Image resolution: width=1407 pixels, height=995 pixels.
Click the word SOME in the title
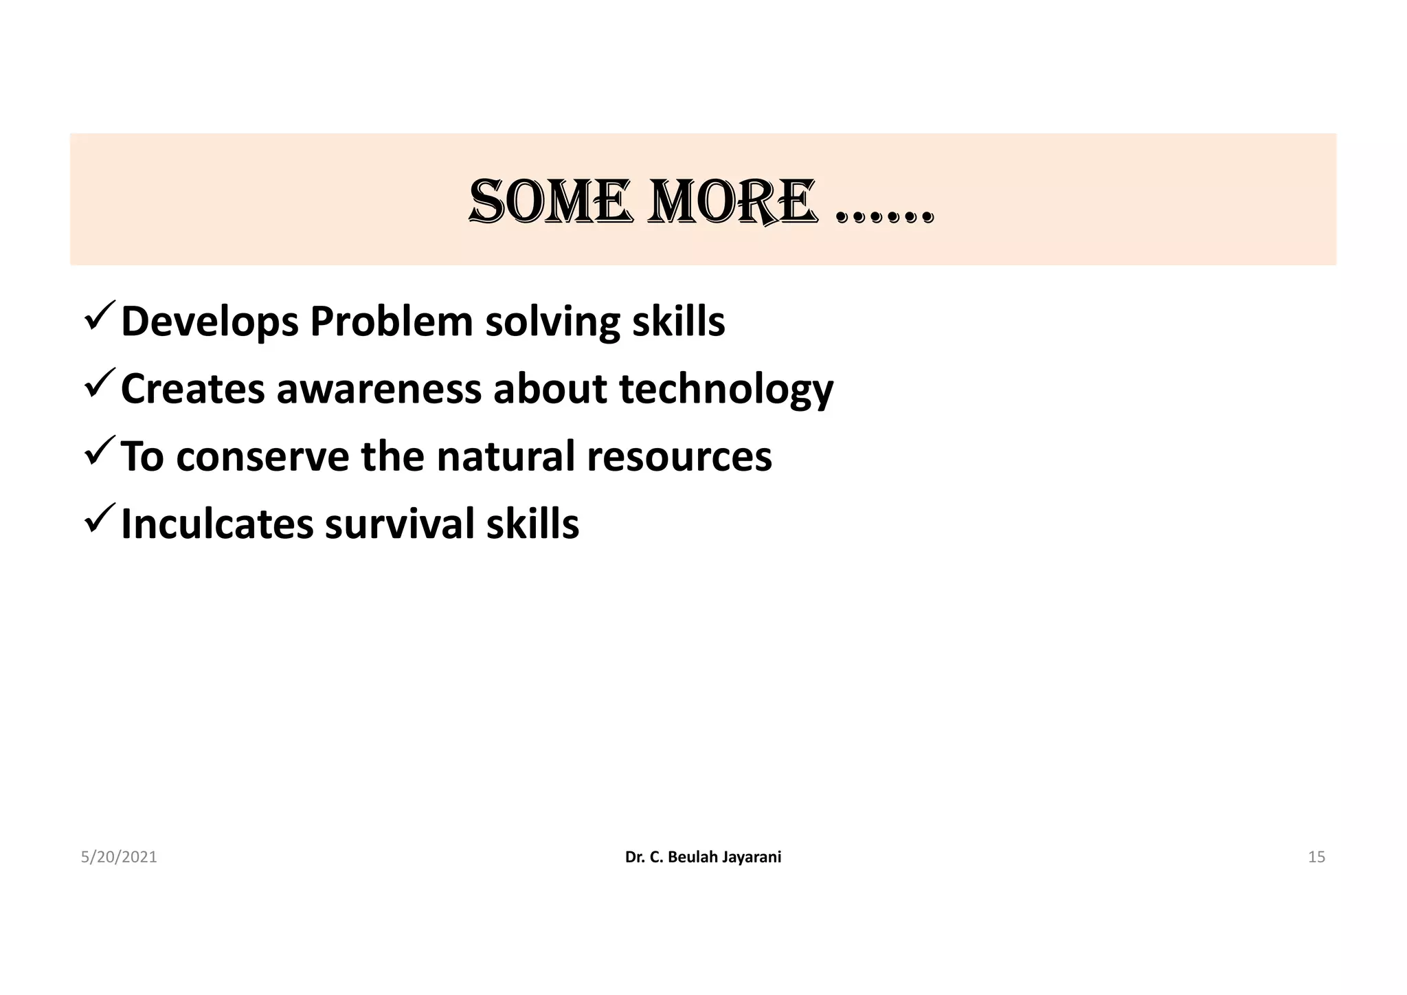point(550,202)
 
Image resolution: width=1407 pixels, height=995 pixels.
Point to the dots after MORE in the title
point(886,217)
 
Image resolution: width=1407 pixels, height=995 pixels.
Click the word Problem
point(391,322)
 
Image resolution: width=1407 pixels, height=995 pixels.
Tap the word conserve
point(262,456)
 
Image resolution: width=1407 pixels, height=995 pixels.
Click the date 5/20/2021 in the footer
point(119,857)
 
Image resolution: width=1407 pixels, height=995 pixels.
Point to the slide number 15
point(1316,857)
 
